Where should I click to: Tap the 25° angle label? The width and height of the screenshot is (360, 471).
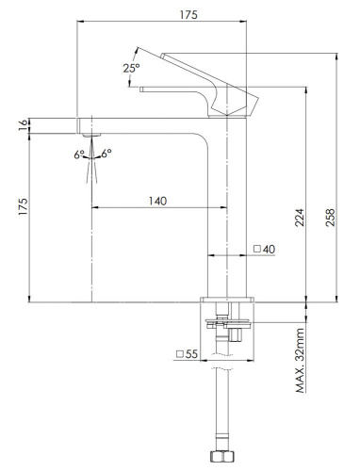tap(130, 68)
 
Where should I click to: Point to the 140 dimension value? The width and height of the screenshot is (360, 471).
tap(157, 201)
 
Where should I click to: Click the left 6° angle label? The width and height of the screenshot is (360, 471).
tap(79, 153)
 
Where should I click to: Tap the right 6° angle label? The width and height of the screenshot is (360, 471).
tap(106, 153)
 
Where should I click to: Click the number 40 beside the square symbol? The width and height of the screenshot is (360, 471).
tap(269, 250)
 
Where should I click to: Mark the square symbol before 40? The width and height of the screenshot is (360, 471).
tap(256, 250)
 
